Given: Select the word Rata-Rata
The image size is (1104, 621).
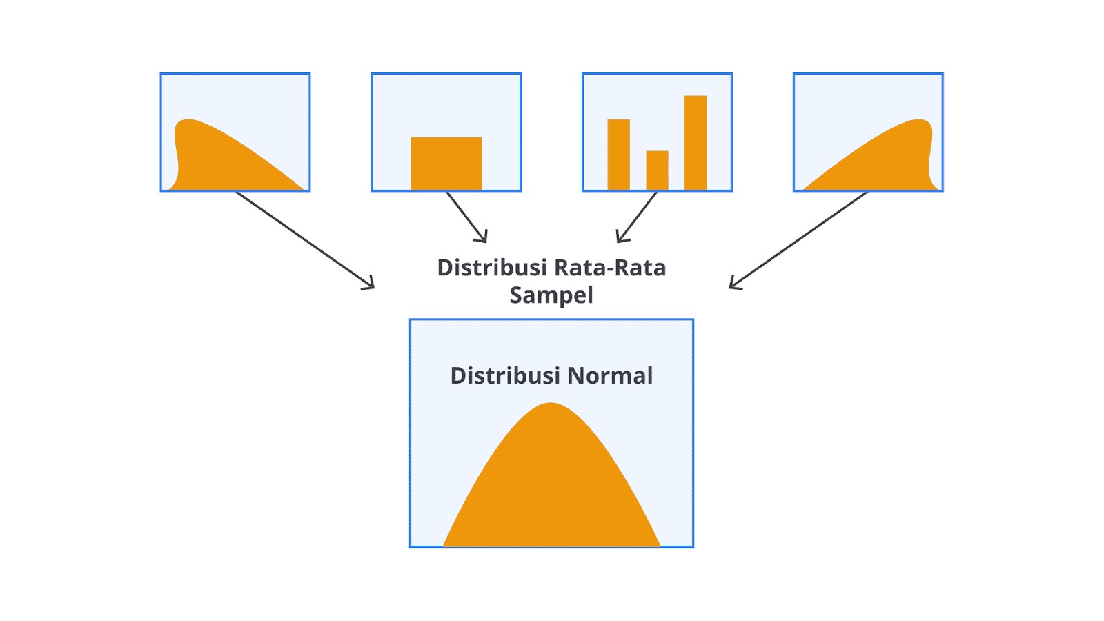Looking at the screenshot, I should [610, 268].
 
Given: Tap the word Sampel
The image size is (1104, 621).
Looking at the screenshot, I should [551, 295].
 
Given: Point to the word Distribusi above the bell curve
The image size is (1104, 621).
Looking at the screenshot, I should [505, 376].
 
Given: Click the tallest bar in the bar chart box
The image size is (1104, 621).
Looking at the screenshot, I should [696, 143].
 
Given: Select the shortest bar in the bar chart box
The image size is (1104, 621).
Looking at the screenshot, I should [657, 170].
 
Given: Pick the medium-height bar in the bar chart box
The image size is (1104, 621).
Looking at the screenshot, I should [618, 155].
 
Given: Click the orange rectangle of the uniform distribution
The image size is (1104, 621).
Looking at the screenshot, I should [446, 164].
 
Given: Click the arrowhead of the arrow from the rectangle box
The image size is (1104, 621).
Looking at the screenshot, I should [484, 239].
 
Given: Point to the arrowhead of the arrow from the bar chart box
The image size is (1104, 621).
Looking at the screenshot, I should [620, 239].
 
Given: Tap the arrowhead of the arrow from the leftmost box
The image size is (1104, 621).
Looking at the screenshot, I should [371, 286].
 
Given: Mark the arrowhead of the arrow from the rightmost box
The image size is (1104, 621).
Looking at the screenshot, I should [733, 286].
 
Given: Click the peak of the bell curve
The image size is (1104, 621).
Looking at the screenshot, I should [551, 405].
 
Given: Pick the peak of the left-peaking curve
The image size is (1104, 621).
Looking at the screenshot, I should [186, 121].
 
